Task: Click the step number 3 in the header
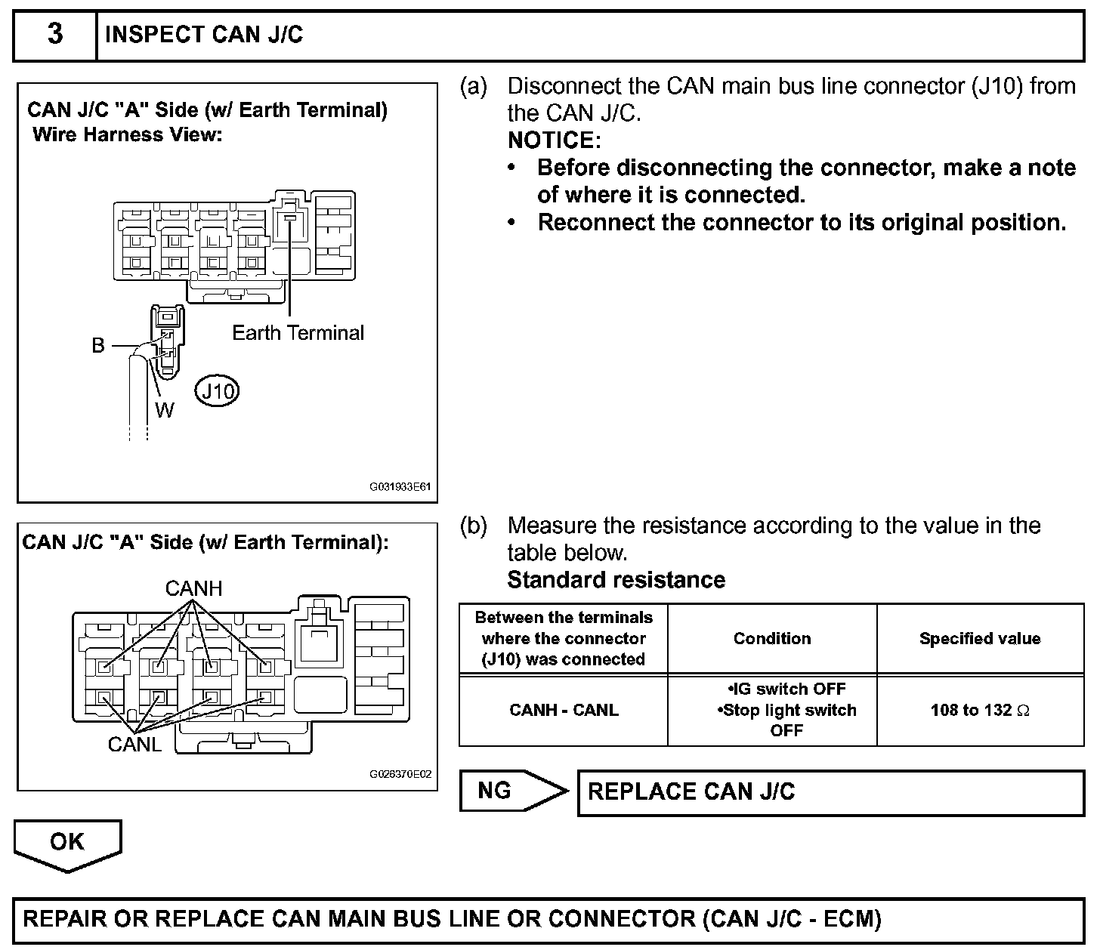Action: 55,35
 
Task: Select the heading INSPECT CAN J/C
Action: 204,35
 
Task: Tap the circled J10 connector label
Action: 218,391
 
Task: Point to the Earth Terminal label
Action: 298,333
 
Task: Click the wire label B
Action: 98,346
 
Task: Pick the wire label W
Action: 164,410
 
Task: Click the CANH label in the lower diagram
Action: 193,588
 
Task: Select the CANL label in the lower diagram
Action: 134,744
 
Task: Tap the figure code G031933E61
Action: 400,487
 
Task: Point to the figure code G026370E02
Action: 400,774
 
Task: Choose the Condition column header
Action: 772,639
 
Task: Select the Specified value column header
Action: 980,639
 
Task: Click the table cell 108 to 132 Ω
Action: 980,711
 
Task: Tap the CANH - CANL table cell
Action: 564,711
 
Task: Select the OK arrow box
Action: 67,843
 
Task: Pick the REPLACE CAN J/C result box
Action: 830,792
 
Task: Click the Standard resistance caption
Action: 616,580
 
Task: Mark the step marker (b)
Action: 474,526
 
